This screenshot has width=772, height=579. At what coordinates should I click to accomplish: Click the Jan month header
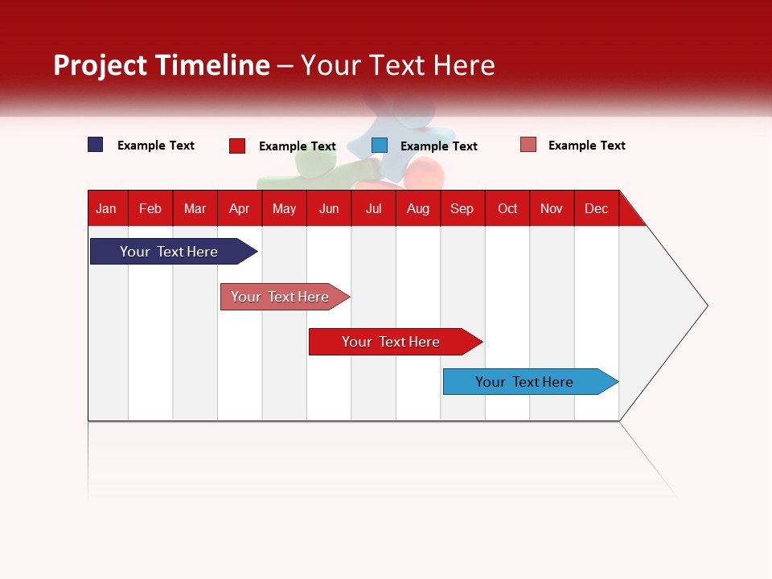click(107, 208)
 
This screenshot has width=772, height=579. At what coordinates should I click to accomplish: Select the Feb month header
click(150, 208)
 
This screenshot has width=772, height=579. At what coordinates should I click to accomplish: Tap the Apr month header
click(240, 208)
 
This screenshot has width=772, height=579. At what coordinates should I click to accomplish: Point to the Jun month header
click(329, 208)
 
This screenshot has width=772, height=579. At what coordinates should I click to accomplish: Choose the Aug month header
click(418, 208)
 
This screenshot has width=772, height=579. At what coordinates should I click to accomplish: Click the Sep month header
click(462, 208)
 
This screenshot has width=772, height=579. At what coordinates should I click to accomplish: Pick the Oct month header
click(507, 208)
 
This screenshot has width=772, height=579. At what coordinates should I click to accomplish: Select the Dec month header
click(597, 208)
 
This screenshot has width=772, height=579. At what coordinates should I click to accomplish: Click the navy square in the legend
click(96, 145)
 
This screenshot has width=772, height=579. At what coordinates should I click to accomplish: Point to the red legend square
click(237, 146)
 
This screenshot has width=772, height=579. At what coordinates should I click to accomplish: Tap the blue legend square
click(380, 146)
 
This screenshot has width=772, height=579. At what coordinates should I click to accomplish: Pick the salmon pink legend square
click(528, 145)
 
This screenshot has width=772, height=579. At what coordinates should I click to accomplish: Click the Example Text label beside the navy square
click(156, 146)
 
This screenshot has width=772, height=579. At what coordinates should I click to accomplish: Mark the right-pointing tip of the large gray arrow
click(706, 306)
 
